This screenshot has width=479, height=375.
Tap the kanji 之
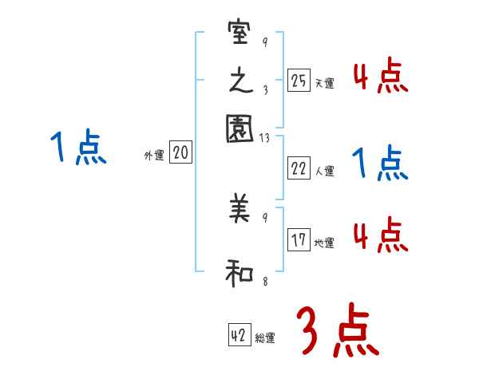(x=239, y=81)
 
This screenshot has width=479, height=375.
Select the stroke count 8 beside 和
(x=264, y=280)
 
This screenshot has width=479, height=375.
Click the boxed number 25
(x=299, y=80)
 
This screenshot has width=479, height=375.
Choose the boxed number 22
(x=299, y=168)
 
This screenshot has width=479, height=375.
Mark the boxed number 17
(x=299, y=239)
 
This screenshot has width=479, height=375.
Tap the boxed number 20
(x=180, y=153)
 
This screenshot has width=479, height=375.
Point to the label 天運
(x=324, y=83)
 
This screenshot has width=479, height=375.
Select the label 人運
(x=324, y=171)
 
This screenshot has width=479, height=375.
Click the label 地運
(x=324, y=243)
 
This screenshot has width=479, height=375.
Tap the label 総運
(x=265, y=339)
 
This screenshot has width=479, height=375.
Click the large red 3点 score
(x=337, y=330)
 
